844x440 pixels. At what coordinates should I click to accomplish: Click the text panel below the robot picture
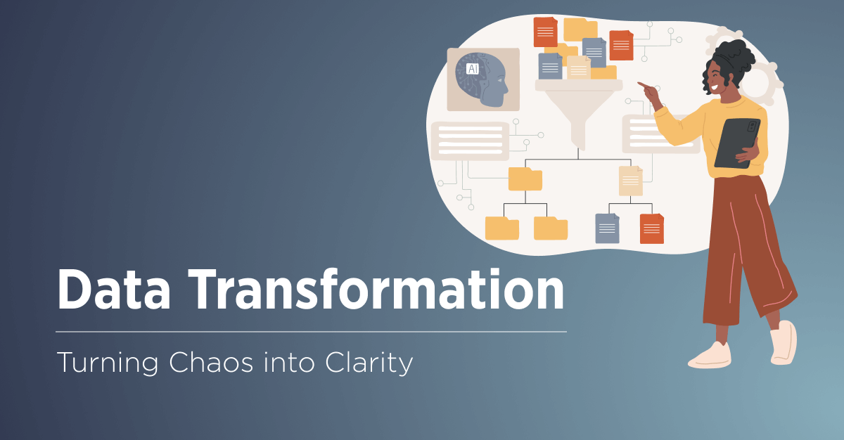point(470,140)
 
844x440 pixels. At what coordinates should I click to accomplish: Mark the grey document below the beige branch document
point(607,228)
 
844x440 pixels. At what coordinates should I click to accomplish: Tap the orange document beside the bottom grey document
point(651,228)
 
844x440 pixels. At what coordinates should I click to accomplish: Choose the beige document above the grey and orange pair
point(630,181)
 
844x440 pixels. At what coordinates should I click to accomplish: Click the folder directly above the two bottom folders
point(525,179)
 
